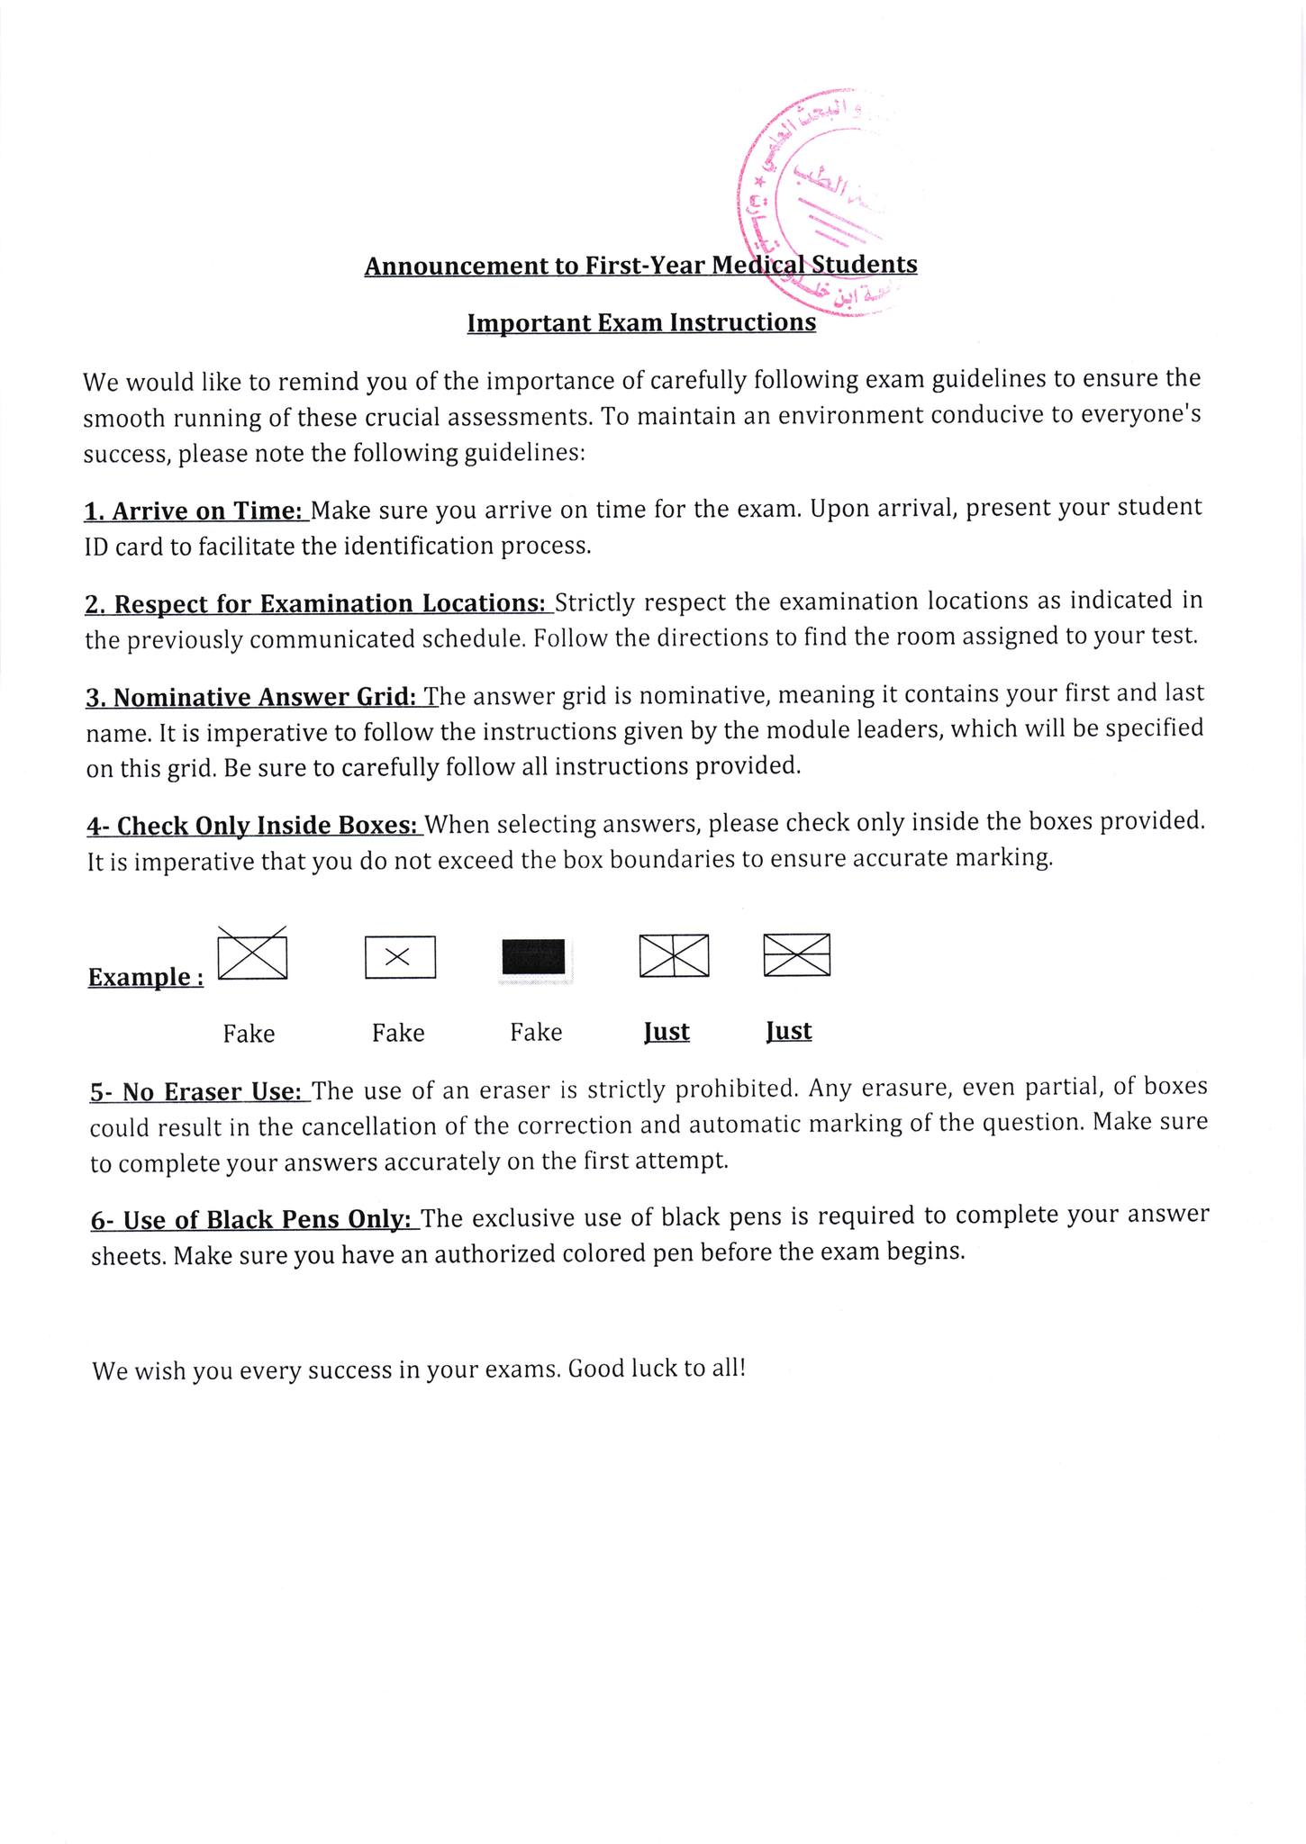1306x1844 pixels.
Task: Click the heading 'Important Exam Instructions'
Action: (641, 322)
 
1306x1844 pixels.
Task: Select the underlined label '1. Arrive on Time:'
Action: (195, 511)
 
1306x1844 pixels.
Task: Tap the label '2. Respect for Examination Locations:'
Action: (318, 603)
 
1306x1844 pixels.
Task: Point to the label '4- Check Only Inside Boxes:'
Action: (254, 826)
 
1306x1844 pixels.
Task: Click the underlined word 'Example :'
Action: (145, 977)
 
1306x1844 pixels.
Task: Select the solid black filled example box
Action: (533, 956)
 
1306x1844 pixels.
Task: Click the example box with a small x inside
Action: (400, 957)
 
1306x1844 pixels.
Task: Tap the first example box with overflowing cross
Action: (252, 954)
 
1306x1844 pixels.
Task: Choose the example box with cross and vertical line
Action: (674, 955)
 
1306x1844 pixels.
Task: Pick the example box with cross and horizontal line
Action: (796, 954)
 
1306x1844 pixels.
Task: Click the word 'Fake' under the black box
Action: (536, 1032)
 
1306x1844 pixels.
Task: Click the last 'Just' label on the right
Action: (788, 1031)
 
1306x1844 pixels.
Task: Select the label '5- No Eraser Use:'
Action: (199, 1092)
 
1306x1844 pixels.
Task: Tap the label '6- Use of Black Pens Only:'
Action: (254, 1220)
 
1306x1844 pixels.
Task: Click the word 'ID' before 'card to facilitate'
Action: (96, 547)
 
